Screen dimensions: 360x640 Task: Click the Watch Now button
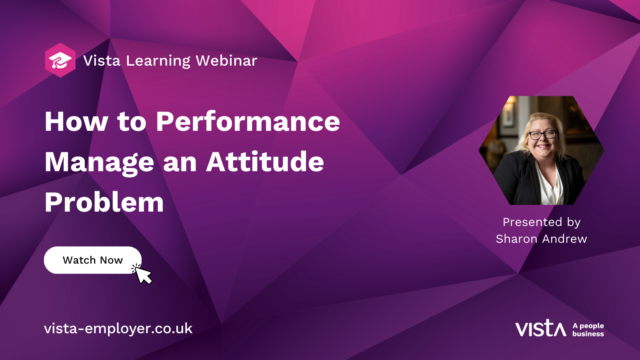coord(92,260)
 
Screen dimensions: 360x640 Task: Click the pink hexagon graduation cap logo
coord(59,60)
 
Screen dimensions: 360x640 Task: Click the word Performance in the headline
coord(257,125)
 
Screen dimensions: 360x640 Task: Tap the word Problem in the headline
coord(103,201)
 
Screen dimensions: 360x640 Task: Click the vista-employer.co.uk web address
coord(119,328)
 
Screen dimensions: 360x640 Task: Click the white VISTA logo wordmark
coord(541,328)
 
